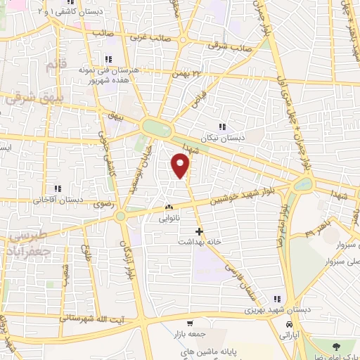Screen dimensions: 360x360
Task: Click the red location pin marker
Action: [x=181, y=166]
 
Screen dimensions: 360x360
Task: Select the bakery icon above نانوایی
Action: [x=168, y=208]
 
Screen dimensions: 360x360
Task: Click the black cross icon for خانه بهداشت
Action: [x=200, y=231]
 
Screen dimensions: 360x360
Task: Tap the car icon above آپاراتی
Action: [x=290, y=324]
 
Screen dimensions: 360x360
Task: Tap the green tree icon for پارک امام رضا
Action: [x=335, y=345]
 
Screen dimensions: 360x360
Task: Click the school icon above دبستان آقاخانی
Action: [x=58, y=188]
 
